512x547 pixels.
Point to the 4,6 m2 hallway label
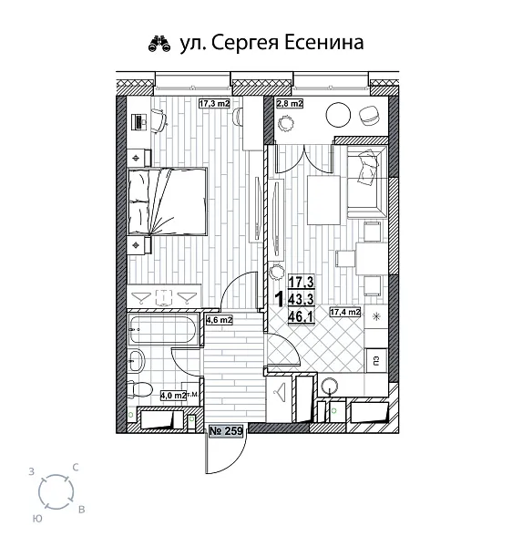click(x=219, y=320)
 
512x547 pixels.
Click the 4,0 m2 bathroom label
click(x=172, y=396)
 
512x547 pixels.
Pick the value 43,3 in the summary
click(x=302, y=297)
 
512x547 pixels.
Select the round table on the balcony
click(x=338, y=115)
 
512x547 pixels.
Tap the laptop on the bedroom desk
click(x=138, y=119)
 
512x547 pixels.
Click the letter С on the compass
click(x=76, y=467)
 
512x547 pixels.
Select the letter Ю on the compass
click(x=36, y=517)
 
